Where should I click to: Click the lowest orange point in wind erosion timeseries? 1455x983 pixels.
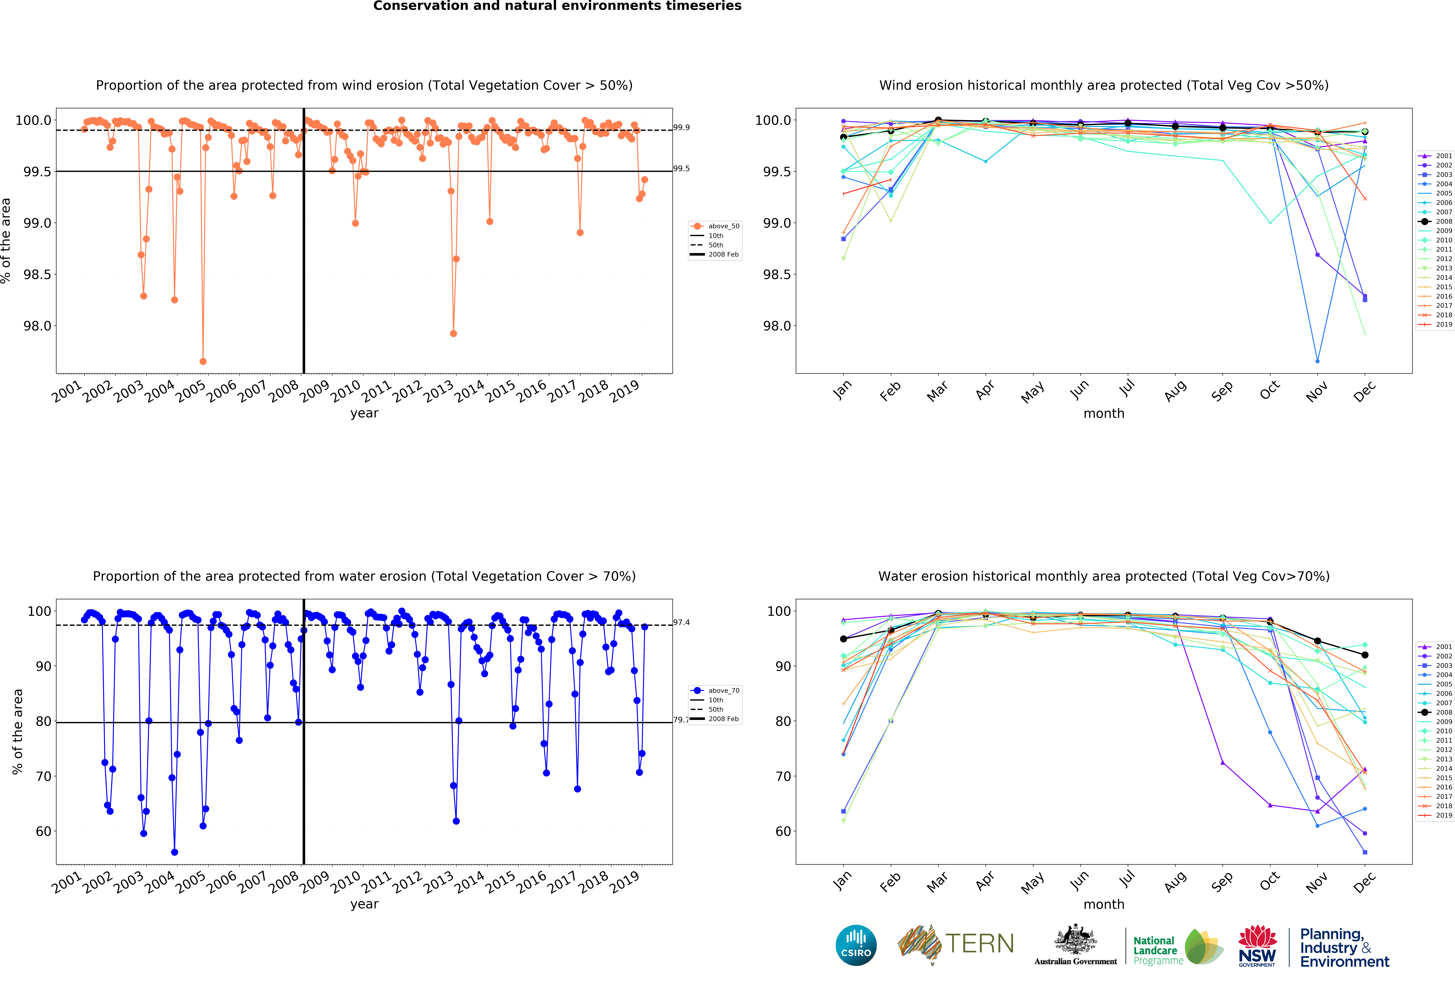[x=203, y=361]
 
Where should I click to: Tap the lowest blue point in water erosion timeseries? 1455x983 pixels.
[x=175, y=852]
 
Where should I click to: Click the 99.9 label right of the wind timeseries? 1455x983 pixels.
[x=681, y=128]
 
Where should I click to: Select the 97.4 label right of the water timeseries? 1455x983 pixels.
[x=681, y=622]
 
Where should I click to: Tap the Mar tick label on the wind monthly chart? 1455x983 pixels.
[x=937, y=391]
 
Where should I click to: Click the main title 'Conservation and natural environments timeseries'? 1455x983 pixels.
[x=557, y=6]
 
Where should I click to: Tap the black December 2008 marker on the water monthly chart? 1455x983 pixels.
[x=1365, y=655]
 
